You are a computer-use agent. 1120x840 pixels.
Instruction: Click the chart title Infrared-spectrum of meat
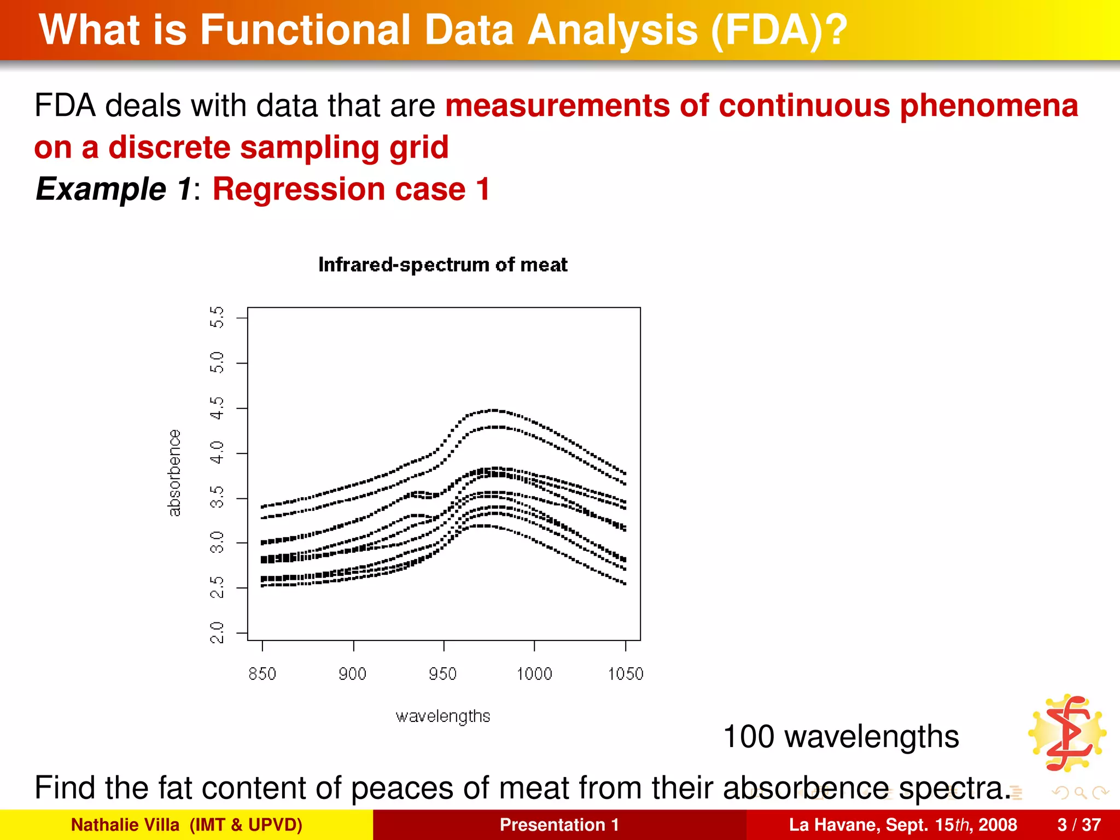point(442,265)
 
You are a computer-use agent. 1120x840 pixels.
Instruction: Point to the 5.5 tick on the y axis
point(217,317)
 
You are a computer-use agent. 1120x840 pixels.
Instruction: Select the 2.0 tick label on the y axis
point(217,633)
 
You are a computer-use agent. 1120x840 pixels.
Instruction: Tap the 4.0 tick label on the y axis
point(217,453)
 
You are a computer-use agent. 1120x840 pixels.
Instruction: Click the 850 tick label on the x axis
point(262,674)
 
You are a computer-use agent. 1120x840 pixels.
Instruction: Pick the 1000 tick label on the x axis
point(534,674)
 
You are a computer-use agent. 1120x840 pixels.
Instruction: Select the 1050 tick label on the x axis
point(626,674)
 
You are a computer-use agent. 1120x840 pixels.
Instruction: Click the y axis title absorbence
point(174,473)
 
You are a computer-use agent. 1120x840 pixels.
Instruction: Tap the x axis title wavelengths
point(442,716)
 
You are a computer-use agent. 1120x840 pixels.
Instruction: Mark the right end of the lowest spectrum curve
point(625,584)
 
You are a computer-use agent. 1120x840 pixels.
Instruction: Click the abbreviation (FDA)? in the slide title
point(779,30)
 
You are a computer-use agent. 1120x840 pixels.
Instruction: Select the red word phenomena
point(989,105)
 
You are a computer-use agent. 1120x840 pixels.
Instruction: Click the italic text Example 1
point(114,189)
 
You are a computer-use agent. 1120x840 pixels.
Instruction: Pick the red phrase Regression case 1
point(351,189)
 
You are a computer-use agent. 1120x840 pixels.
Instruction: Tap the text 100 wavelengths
point(841,736)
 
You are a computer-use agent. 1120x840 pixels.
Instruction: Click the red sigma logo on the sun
point(1067,733)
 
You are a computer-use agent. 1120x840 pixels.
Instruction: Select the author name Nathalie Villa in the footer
point(125,825)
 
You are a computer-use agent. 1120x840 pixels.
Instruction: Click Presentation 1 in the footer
point(559,825)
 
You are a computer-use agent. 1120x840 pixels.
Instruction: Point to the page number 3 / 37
point(1079,825)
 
